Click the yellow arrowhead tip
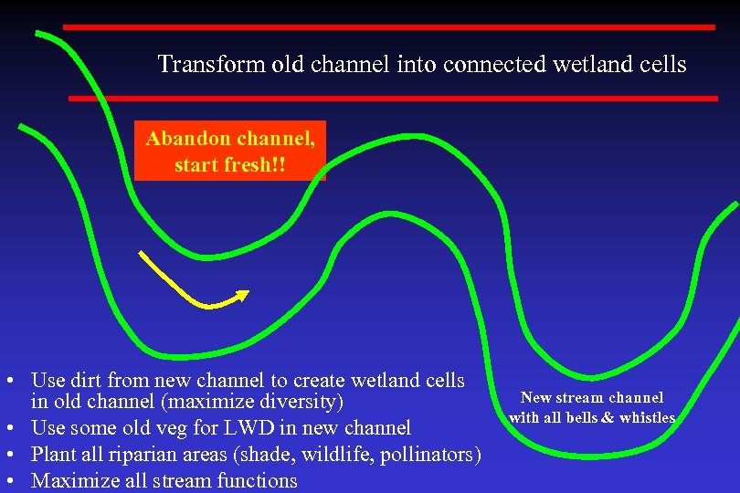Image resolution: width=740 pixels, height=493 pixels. tap(248, 292)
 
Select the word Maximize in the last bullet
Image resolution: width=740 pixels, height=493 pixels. tap(72, 480)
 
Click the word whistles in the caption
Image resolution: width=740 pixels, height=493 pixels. tap(647, 418)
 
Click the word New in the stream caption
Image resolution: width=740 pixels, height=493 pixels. tap(536, 398)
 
